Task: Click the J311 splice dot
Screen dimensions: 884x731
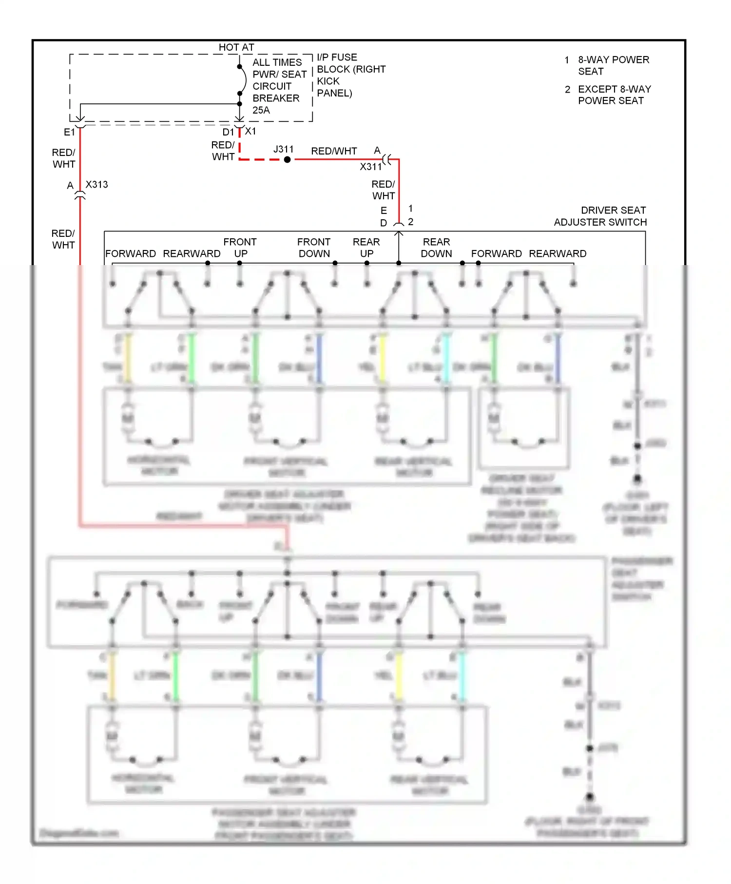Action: pos(288,159)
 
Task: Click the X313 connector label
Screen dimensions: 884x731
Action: pos(96,185)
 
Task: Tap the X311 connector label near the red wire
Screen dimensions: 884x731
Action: pos(370,167)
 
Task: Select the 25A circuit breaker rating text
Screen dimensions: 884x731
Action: pos(261,110)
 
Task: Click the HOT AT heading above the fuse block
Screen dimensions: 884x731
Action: pos(236,47)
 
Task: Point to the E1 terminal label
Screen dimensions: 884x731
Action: pos(69,132)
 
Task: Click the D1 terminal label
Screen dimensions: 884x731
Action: pos(228,132)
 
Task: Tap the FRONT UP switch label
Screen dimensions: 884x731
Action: pos(240,248)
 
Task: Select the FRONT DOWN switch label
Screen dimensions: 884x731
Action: pos(314,248)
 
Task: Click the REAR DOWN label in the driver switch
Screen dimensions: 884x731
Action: pos(436,248)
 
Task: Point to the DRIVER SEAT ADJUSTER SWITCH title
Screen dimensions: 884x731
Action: pos(600,216)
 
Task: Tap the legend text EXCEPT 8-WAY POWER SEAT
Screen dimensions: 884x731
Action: pos(614,95)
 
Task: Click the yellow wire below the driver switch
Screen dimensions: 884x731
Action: pos(383,358)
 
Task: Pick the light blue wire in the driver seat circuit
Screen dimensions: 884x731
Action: pos(446,358)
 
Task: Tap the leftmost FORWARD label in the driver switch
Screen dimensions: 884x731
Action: pos(131,253)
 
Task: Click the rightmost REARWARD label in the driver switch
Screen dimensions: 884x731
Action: pos(558,253)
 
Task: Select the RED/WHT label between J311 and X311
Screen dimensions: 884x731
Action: pos(334,151)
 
